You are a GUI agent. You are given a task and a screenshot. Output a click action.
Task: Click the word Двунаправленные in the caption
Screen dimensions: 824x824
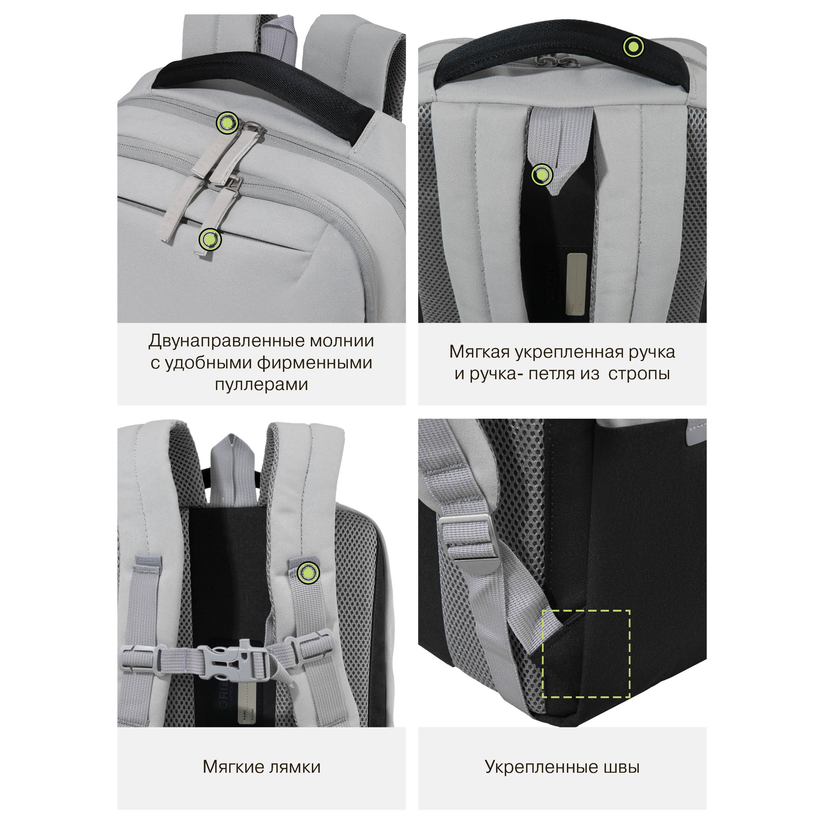(227, 341)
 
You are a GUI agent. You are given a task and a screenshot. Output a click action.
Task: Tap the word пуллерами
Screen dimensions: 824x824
(261, 385)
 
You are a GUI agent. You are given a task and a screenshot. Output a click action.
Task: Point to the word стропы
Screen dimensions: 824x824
(639, 374)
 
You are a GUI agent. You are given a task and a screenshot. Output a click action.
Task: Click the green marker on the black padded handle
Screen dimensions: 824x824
(634, 47)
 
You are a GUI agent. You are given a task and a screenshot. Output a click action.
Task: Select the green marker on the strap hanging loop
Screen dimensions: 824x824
(542, 175)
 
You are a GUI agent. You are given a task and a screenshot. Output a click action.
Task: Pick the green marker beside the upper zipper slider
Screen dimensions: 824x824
(228, 123)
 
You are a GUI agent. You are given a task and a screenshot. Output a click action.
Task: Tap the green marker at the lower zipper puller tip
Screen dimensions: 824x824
(210, 240)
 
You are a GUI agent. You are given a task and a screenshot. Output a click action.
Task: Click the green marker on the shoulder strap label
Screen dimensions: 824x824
(308, 573)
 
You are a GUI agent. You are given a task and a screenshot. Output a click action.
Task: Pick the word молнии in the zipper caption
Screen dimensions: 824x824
(342, 341)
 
